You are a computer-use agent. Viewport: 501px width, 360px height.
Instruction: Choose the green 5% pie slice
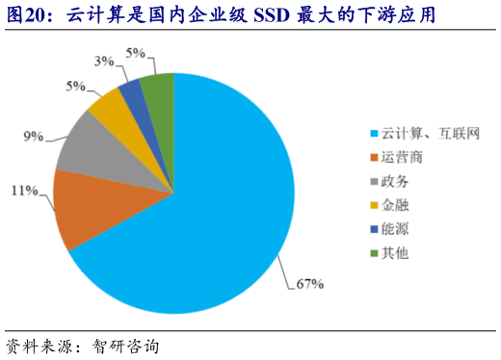[158, 93]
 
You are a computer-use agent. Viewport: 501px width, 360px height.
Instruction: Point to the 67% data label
[309, 283]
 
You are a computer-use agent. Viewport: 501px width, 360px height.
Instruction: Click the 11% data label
[24, 192]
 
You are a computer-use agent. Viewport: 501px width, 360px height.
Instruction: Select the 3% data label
[103, 62]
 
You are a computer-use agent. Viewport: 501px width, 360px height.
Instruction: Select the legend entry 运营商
[402, 156]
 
